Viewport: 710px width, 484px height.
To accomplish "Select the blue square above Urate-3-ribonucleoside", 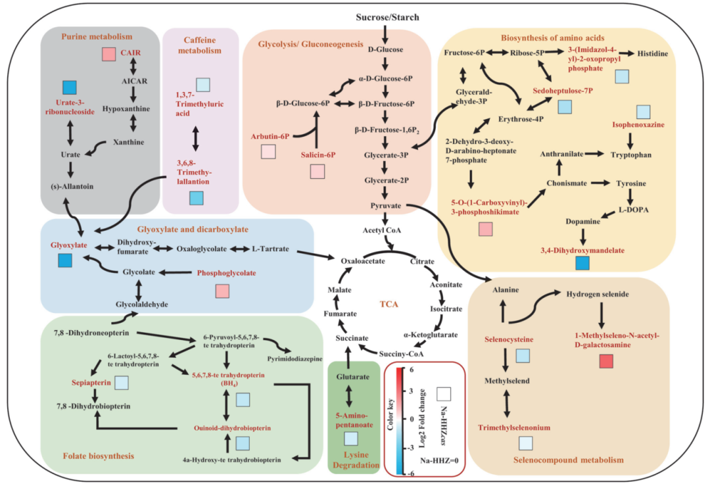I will (70, 87).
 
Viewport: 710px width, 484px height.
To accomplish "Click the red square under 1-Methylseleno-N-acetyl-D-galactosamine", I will (607, 361).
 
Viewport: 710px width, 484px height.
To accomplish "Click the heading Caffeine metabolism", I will (202, 44).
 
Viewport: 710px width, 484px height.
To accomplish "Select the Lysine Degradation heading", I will (354, 459).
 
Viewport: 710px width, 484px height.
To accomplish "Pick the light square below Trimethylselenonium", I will (525, 443).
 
